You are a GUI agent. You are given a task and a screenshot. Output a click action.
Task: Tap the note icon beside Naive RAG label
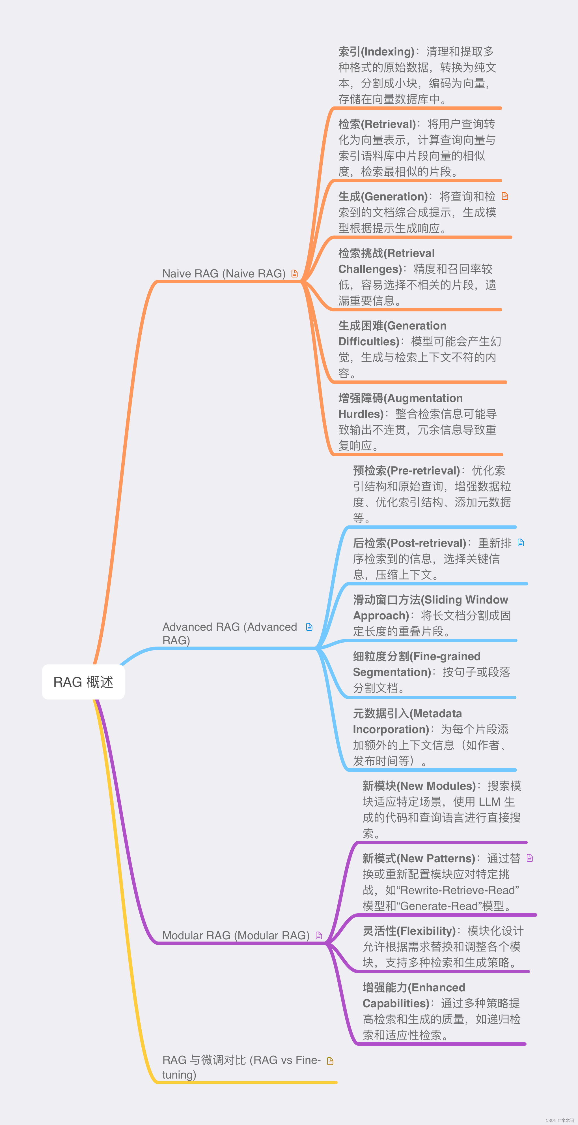click(294, 273)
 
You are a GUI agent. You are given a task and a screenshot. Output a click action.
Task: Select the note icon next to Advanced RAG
click(309, 627)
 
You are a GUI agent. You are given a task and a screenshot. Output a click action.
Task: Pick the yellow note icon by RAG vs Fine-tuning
click(330, 1061)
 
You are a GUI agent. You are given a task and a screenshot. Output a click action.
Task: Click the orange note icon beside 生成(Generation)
click(505, 196)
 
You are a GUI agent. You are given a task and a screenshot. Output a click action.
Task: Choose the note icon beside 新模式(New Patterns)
click(530, 858)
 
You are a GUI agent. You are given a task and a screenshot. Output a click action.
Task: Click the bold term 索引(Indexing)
click(376, 52)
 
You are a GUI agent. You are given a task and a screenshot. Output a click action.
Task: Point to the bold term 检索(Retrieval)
click(377, 124)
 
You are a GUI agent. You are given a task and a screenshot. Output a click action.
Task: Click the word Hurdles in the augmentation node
click(360, 414)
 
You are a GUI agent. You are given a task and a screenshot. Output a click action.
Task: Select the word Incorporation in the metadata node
click(391, 729)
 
